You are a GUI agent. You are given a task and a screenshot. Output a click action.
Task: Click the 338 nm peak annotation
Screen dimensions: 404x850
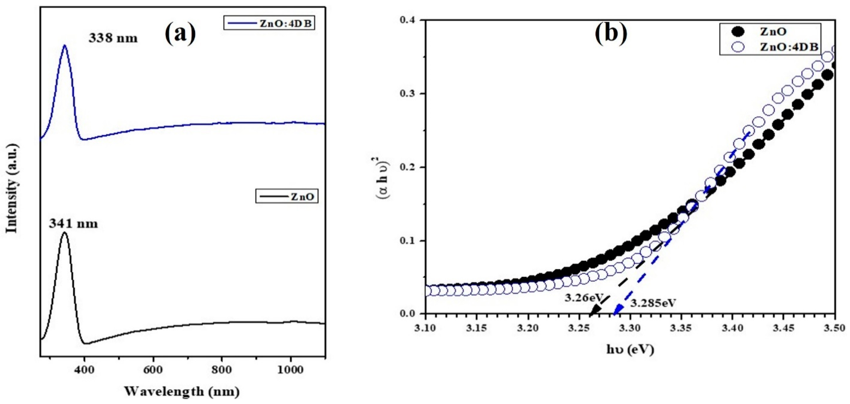coord(113,38)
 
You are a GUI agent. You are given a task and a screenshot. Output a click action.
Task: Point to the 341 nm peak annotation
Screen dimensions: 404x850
coord(73,224)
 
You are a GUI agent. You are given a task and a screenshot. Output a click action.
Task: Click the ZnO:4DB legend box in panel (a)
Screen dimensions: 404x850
coord(269,24)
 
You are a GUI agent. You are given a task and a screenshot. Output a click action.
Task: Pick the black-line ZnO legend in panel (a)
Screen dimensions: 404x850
coord(287,197)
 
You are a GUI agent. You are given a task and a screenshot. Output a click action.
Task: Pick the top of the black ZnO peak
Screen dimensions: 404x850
coord(65,233)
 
